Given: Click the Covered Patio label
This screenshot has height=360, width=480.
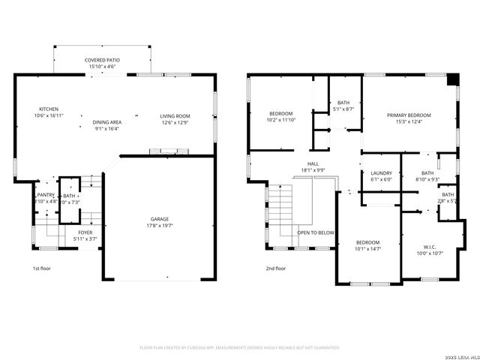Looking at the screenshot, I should (102, 60).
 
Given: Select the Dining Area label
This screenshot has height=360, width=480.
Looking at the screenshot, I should (106, 121).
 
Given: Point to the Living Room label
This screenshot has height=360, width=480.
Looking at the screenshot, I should (175, 115).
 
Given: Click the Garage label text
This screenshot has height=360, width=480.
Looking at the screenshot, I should (158, 218).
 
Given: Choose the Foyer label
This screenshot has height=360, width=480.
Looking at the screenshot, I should (85, 232).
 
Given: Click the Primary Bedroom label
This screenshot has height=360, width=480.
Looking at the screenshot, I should (409, 115).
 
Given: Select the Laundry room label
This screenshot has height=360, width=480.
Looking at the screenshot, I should (381, 173).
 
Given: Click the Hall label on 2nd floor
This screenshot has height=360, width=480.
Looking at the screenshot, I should (313, 163).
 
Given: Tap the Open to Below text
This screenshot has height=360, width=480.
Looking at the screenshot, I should (315, 232).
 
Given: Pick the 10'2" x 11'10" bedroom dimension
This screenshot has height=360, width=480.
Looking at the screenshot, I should (281, 120).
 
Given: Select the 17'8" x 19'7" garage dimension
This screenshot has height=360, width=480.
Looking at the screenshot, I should (158, 225).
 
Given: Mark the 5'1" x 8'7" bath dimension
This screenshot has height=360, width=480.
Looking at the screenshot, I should (343, 109).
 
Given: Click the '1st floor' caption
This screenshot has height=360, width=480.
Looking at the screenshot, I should (41, 268).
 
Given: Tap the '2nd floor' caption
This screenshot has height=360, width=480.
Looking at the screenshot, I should (275, 268).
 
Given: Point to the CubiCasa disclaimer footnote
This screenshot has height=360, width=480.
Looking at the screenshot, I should (240, 347).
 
